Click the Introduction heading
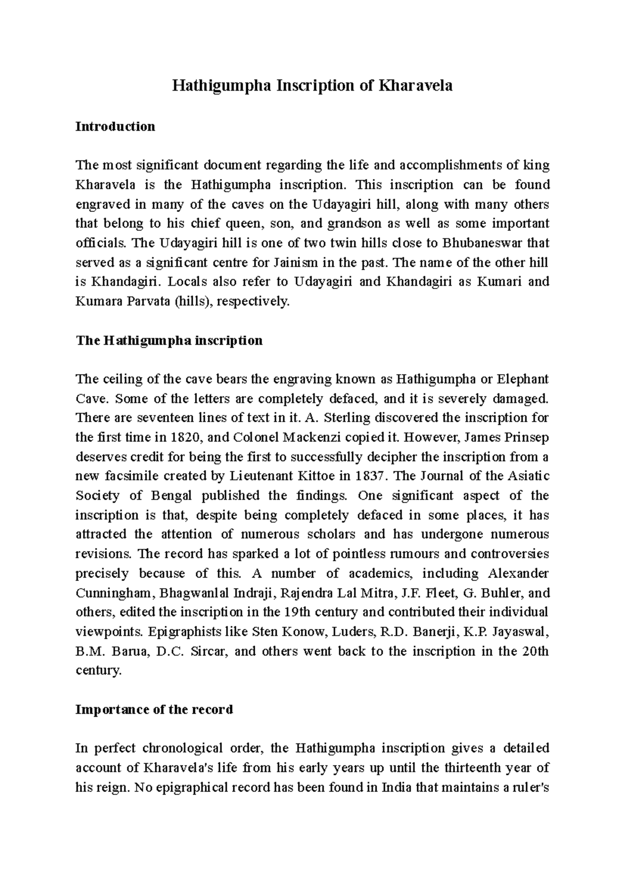click(x=115, y=127)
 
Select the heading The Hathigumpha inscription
click(x=169, y=341)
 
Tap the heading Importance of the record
click(x=154, y=710)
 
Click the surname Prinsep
click(x=527, y=437)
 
